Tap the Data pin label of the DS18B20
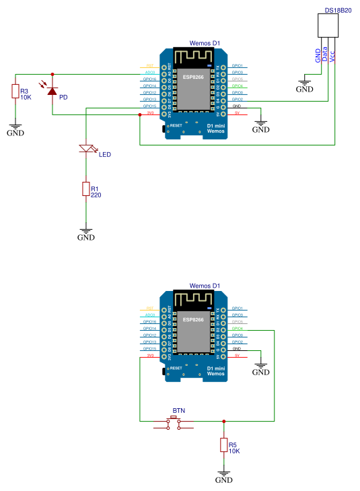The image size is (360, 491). coord(325,55)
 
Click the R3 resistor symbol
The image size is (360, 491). coord(15,91)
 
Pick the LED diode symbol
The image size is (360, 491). coord(85,149)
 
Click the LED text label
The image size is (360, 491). coord(104,155)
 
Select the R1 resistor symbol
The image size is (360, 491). coord(85,189)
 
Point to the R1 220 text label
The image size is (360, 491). coord(96,192)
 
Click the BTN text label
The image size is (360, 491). coord(178,410)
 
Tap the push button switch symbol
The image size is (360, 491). coord(174,422)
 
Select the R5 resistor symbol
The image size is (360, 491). coord(223,445)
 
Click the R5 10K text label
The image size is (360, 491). coord(234,448)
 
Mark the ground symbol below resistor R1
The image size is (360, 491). coord(85,233)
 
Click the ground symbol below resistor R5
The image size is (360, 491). coord(223,476)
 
